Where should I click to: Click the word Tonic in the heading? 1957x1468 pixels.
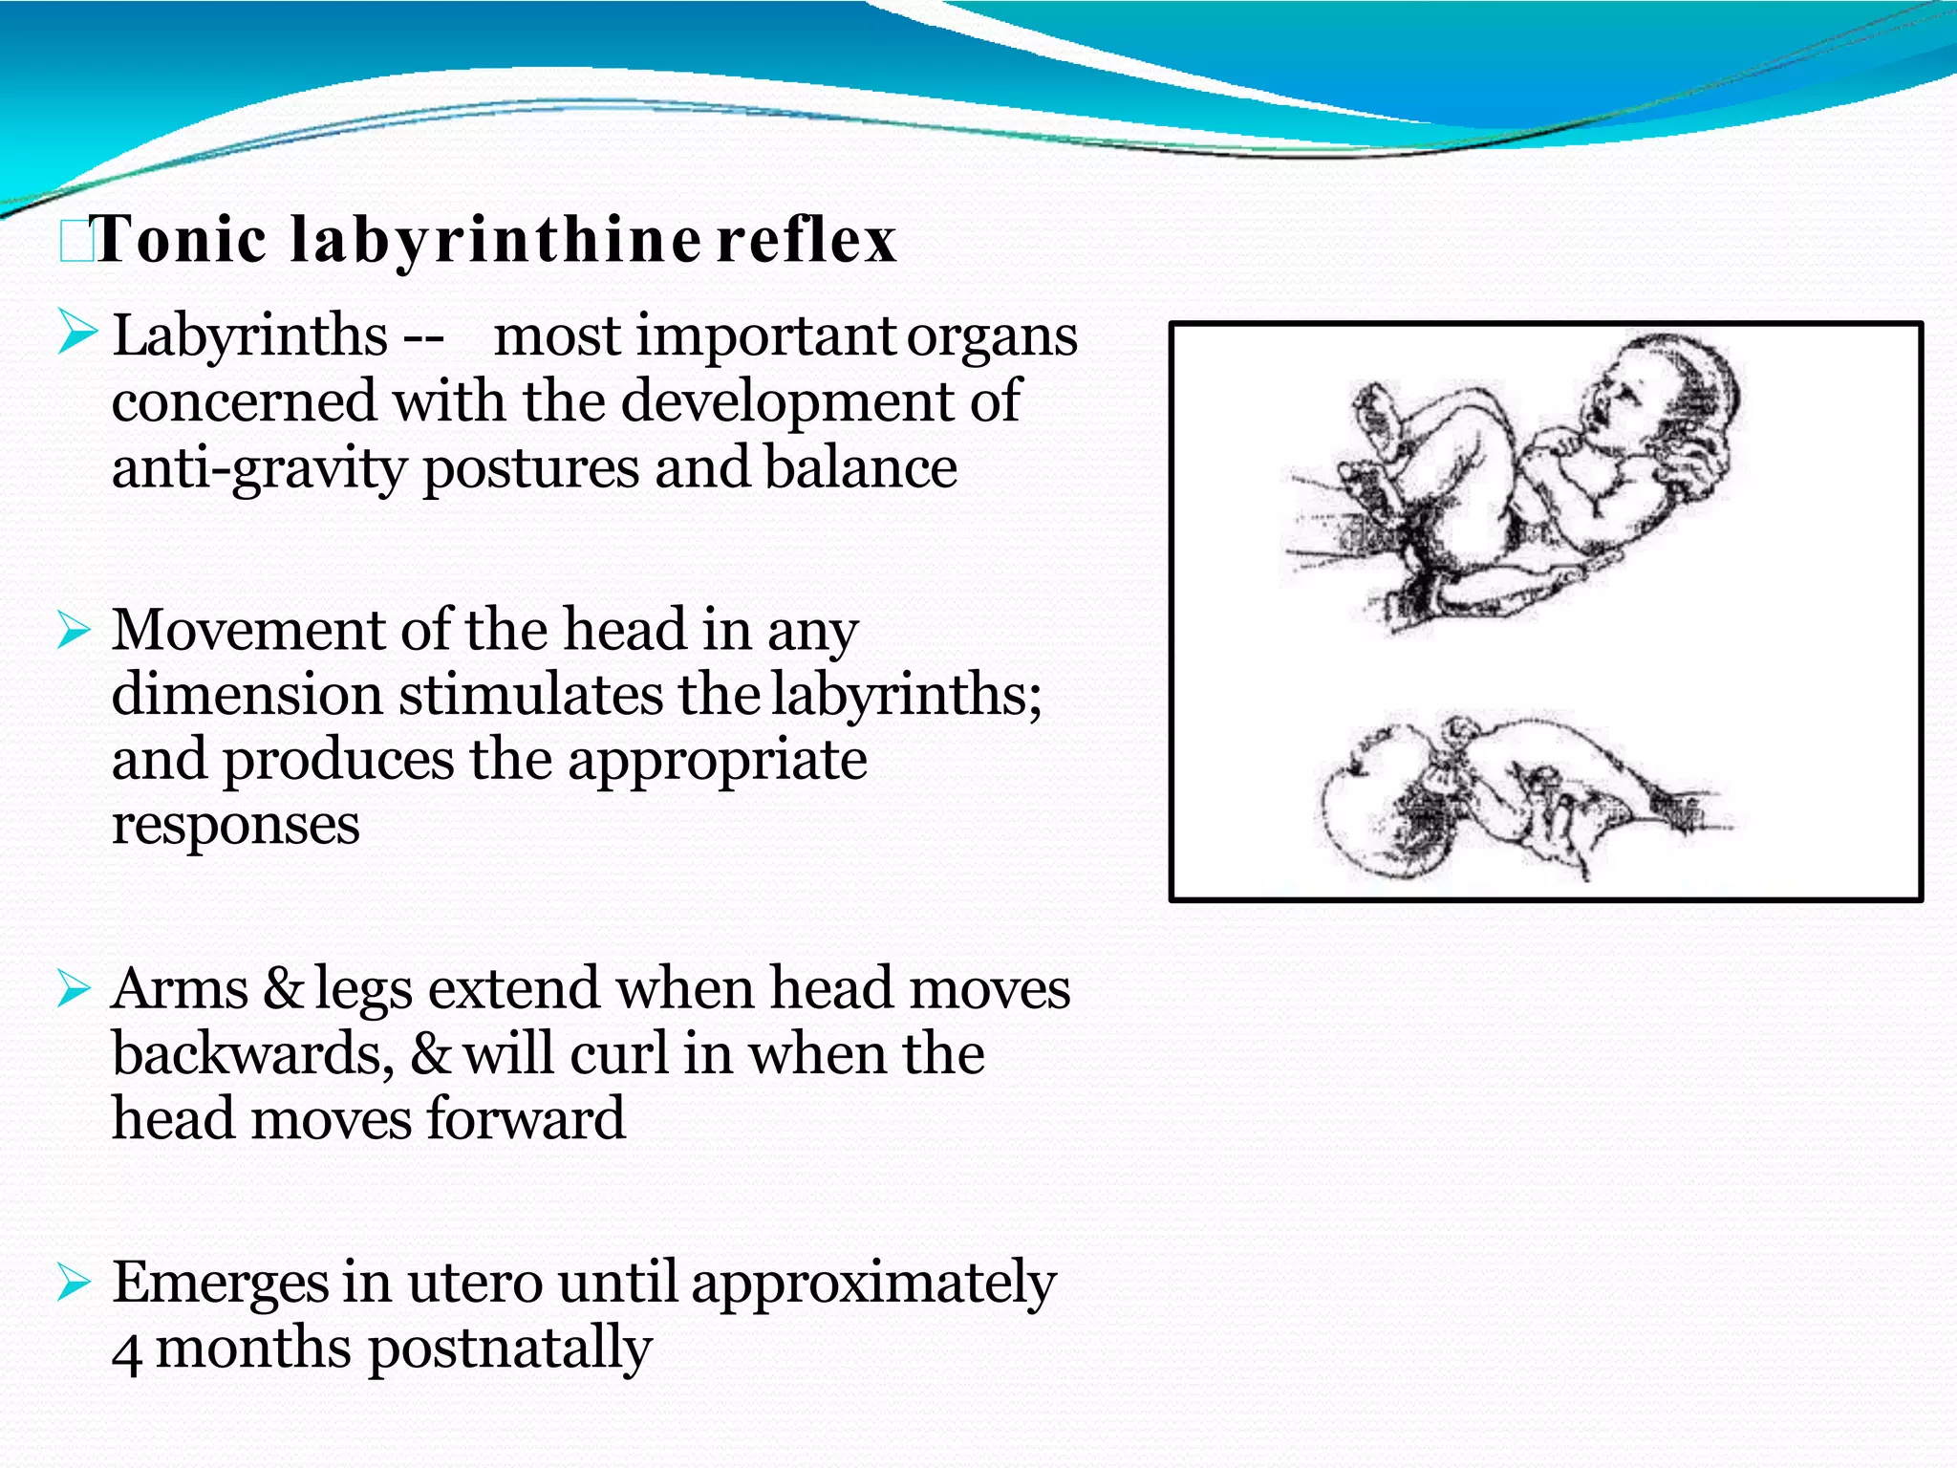181,239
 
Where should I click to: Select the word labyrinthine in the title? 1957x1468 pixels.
495,241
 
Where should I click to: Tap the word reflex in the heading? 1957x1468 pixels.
806,239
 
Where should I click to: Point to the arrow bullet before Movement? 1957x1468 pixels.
75,630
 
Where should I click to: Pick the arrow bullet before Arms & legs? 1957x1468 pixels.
75,987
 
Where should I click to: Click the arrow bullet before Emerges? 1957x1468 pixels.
75,1281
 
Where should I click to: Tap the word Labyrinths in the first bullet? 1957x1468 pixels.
250,336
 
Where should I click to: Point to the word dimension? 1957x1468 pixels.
247,695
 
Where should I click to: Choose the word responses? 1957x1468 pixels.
235,825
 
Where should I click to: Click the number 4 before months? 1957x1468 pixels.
126,1351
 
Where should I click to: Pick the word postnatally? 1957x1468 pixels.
510,1349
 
